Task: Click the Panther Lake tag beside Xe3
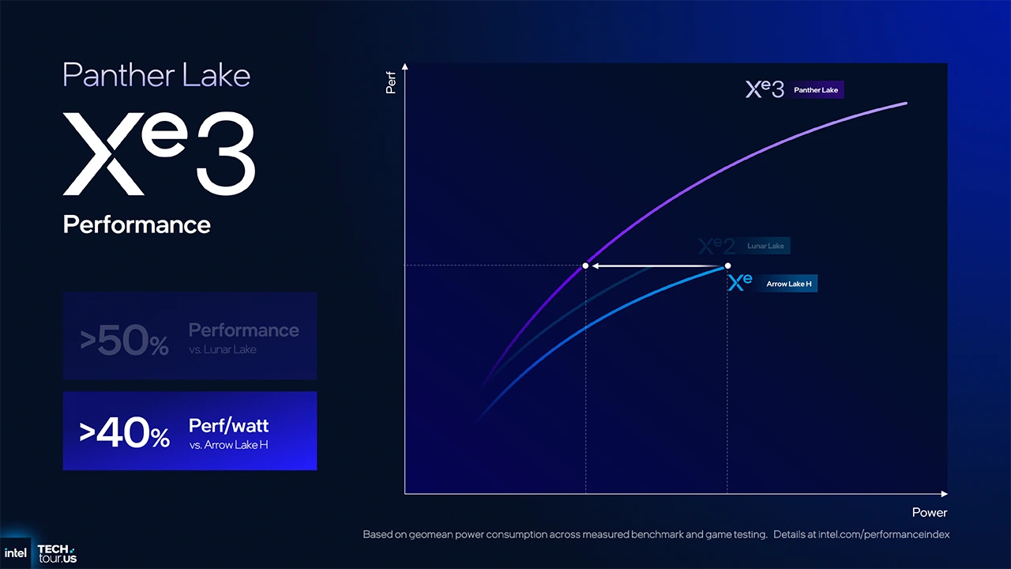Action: [816, 90]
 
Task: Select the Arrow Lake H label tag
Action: [788, 284]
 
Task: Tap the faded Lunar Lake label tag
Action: [765, 246]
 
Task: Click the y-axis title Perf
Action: [390, 83]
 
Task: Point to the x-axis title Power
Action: [929, 512]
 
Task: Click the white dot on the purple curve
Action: [585, 266]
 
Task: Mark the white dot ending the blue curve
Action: [727, 266]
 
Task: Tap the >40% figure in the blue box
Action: [124, 433]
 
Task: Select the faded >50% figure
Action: [124, 341]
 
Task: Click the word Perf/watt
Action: [228, 425]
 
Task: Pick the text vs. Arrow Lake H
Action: [228, 445]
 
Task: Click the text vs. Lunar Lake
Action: [223, 349]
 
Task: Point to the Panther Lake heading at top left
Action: [156, 75]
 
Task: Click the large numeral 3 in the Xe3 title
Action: [225, 154]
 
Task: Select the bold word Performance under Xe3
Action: [137, 224]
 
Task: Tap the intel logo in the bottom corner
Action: [16, 553]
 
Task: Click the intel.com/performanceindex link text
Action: [884, 534]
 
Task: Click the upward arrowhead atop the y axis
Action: [404, 66]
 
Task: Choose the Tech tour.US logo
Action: [57, 553]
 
